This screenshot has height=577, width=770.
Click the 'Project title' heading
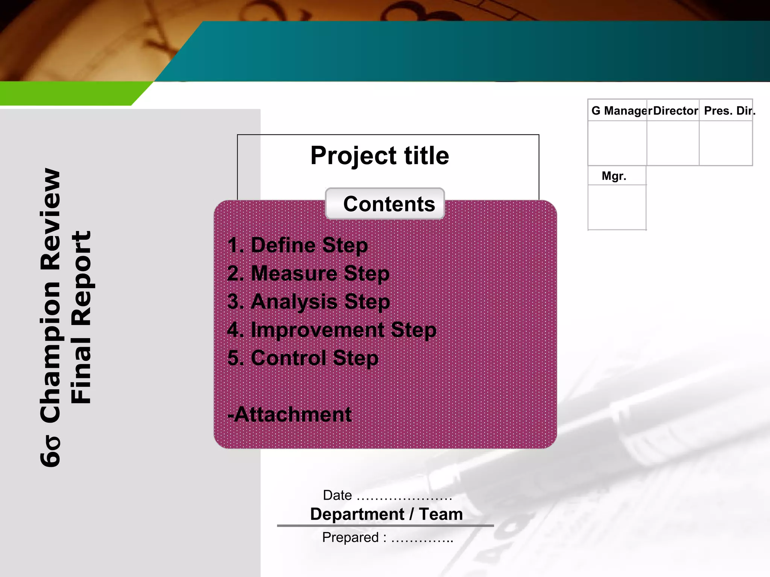click(x=380, y=156)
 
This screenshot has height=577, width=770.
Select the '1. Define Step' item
click(x=298, y=245)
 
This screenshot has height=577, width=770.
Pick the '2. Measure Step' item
click(x=308, y=273)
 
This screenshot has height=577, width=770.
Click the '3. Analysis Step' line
click(x=309, y=301)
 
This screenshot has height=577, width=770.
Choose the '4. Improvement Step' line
click(x=332, y=330)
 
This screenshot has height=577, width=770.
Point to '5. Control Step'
click(x=303, y=358)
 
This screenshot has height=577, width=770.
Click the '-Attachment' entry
click(x=290, y=414)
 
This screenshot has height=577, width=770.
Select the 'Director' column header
click(x=675, y=111)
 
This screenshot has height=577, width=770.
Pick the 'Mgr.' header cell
click(x=614, y=176)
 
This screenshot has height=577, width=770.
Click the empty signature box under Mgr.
click(x=617, y=207)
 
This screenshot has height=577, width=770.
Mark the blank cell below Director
click(x=673, y=143)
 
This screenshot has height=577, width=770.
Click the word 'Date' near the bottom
click(x=337, y=495)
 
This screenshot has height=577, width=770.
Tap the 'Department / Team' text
click(x=387, y=514)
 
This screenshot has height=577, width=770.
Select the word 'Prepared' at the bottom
click(x=350, y=537)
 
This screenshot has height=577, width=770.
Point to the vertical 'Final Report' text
click(x=81, y=317)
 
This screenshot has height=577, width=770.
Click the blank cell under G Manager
click(x=617, y=143)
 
